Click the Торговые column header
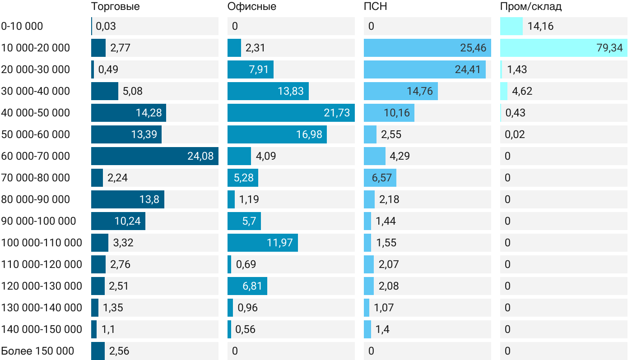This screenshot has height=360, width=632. pyautogui.click(x=115, y=7)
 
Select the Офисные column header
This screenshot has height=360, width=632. pyautogui.click(x=251, y=7)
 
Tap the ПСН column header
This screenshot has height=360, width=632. pyautogui.click(x=375, y=7)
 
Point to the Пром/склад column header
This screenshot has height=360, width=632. pyautogui.click(x=531, y=7)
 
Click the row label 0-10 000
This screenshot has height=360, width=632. pyautogui.click(x=22, y=26)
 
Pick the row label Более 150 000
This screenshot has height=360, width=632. pyautogui.click(x=37, y=351)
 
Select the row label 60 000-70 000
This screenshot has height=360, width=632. pyautogui.click(x=36, y=156)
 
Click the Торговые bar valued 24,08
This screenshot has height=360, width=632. pyautogui.click(x=154, y=156)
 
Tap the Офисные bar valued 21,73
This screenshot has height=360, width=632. pyautogui.click(x=291, y=113)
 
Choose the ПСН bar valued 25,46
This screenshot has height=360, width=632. pyautogui.click(x=427, y=48)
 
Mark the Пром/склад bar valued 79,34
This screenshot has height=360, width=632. pyautogui.click(x=563, y=48)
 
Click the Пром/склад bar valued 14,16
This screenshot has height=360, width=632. pyautogui.click(x=511, y=26)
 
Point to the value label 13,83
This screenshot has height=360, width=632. pyautogui.click(x=291, y=91)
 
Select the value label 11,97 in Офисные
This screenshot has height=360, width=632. pyautogui.click(x=280, y=243)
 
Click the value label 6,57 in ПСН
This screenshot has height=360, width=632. pyautogui.click(x=382, y=178)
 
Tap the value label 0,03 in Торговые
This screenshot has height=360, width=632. pyautogui.click(x=106, y=26)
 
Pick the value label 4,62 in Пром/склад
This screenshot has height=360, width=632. pyautogui.click(x=522, y=91)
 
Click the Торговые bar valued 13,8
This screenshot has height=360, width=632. pyautogui.click(x=127, y=199)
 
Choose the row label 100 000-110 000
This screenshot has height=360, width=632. pyautogui.click(x=42, y=243)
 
